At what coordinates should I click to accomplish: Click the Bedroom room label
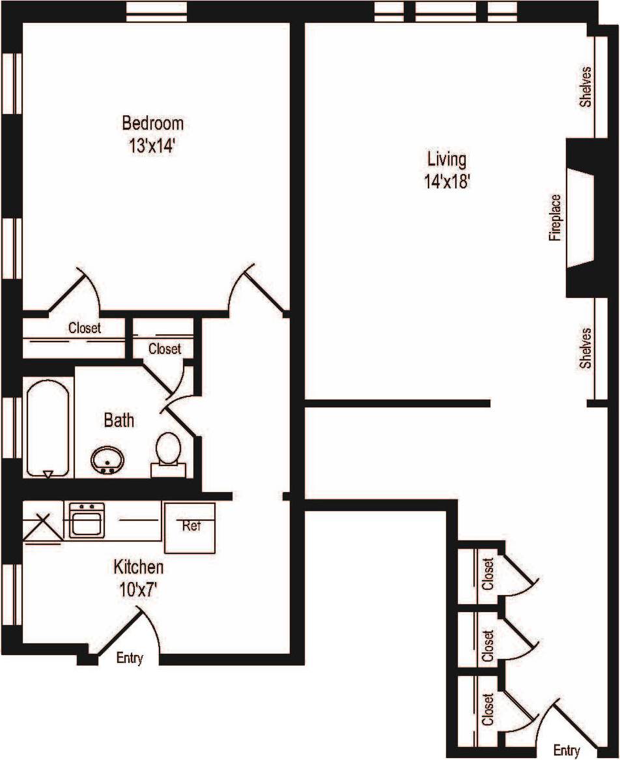coord(153,123)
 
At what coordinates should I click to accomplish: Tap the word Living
coord(447,158)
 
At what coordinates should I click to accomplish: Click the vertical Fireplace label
coord(555,218)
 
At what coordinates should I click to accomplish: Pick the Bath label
coord(119,420)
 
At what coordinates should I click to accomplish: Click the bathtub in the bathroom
coord(48,428)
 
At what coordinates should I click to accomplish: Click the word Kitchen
coord(139,566)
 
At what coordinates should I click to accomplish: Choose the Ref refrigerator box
coord(190,526)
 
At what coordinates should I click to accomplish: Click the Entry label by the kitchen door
coord(129,658)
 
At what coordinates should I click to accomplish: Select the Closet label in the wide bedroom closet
coord(85,329)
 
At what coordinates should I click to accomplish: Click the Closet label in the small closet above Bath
coord(164,349)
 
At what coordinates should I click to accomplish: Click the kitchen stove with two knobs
coord(87,519)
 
